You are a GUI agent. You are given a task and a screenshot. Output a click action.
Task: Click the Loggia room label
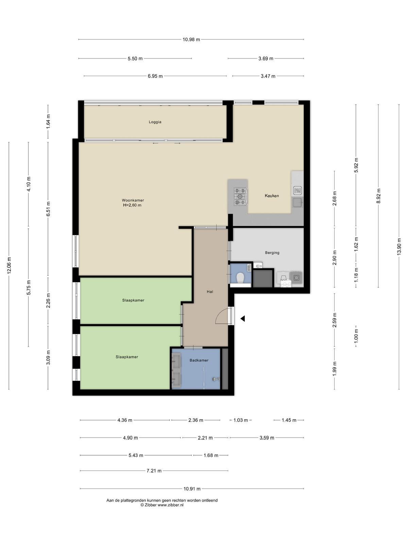155,122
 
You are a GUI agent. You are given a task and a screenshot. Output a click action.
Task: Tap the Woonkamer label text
133,200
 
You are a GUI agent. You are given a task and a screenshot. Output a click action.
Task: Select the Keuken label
272,196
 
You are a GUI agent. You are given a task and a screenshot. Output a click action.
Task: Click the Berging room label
272,253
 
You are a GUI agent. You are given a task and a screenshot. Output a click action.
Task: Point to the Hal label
210,292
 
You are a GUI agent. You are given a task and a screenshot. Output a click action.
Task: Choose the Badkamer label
199,360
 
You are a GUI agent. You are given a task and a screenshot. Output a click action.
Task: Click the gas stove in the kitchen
240,196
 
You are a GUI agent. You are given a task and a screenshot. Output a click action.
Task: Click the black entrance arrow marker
242,319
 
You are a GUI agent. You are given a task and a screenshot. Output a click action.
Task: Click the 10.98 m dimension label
191,39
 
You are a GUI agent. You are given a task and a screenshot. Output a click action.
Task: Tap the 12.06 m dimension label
9,266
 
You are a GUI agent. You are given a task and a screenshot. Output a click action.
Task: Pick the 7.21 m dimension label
154,471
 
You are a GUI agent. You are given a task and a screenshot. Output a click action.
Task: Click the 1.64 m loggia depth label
48,121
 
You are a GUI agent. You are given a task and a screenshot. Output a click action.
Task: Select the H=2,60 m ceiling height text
132,205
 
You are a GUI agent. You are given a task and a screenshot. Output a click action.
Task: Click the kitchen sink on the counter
297,203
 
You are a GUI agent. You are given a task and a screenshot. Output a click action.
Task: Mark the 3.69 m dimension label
266,58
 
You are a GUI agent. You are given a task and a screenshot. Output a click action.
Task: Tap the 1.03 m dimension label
240,420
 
